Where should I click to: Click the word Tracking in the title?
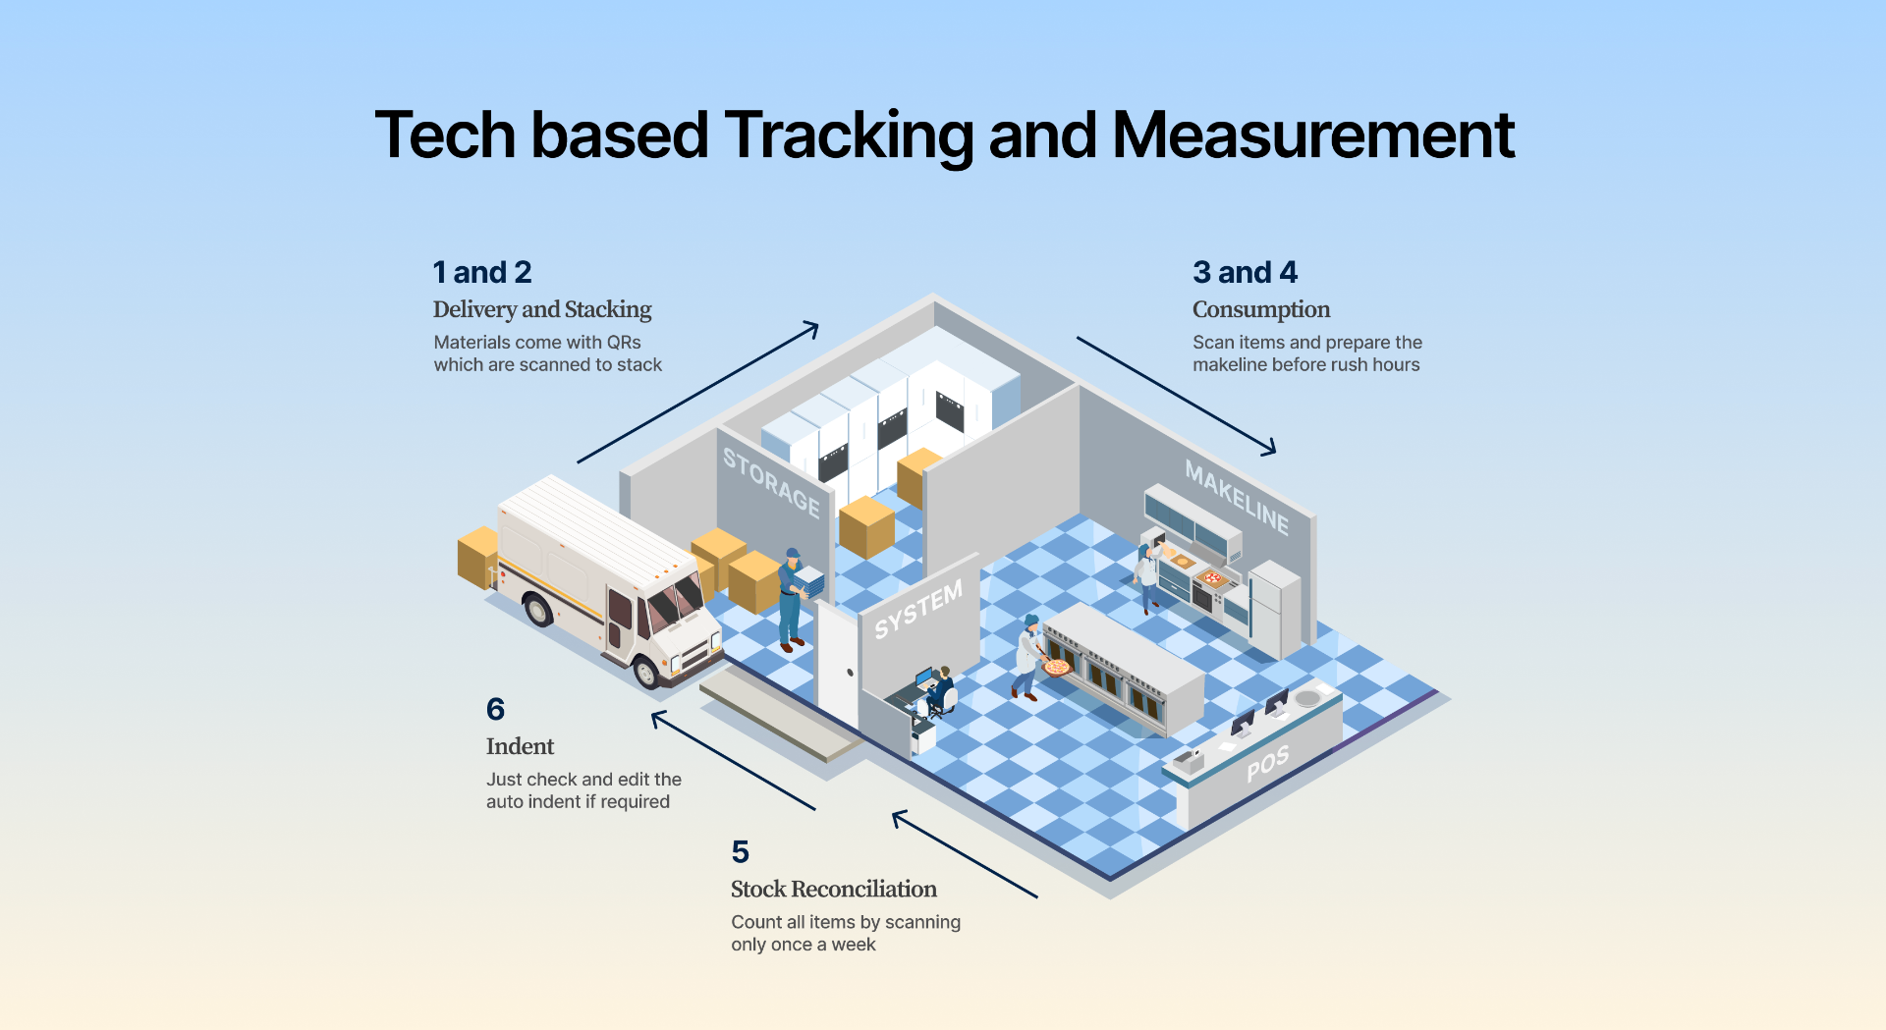coord(849,136)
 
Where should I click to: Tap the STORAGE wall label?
coord(771,482)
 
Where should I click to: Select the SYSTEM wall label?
coord(918,609)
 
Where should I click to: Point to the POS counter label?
coord(1268,764)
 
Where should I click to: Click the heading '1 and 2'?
coord(482,272)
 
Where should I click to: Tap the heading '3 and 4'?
coord(1245,272)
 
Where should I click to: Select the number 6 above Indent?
coord(495,709)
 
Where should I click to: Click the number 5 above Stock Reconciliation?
coord(740,851)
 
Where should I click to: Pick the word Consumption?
coord(1261,310)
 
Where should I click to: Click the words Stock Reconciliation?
coord(834,889)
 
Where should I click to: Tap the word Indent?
coord(520,746)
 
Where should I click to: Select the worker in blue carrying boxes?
coord(792,600)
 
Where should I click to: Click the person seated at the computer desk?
coord(940,689)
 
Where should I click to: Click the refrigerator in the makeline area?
coord(1274,609)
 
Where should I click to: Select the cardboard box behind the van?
coord(478,557)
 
